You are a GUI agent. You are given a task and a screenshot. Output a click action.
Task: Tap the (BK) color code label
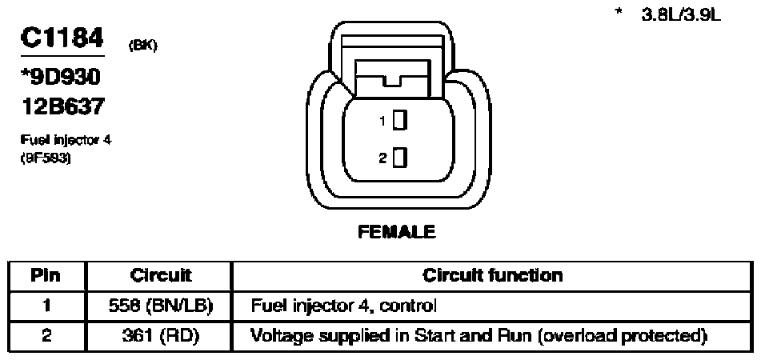pos(142,46)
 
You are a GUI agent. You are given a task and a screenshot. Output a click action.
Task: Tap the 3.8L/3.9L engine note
pos(680,15)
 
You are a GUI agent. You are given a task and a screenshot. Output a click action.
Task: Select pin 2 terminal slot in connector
pos(400,158)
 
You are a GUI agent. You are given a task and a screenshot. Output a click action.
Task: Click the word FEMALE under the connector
pos(398,232)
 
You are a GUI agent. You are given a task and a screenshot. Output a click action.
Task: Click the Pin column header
pos(46,276)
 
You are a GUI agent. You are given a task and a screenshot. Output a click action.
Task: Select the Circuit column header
pos(160,276)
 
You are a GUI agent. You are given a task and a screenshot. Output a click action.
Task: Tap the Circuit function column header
pos(492,276)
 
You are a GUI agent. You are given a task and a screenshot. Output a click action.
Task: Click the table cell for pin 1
pos(46,305)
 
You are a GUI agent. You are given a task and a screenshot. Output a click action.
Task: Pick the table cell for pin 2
pos(46,334)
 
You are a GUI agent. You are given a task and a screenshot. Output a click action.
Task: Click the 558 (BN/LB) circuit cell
pos(160,305)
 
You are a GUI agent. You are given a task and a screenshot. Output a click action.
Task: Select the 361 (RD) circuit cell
pos(160,334)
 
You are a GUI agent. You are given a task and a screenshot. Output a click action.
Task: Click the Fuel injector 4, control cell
pos(344,305)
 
